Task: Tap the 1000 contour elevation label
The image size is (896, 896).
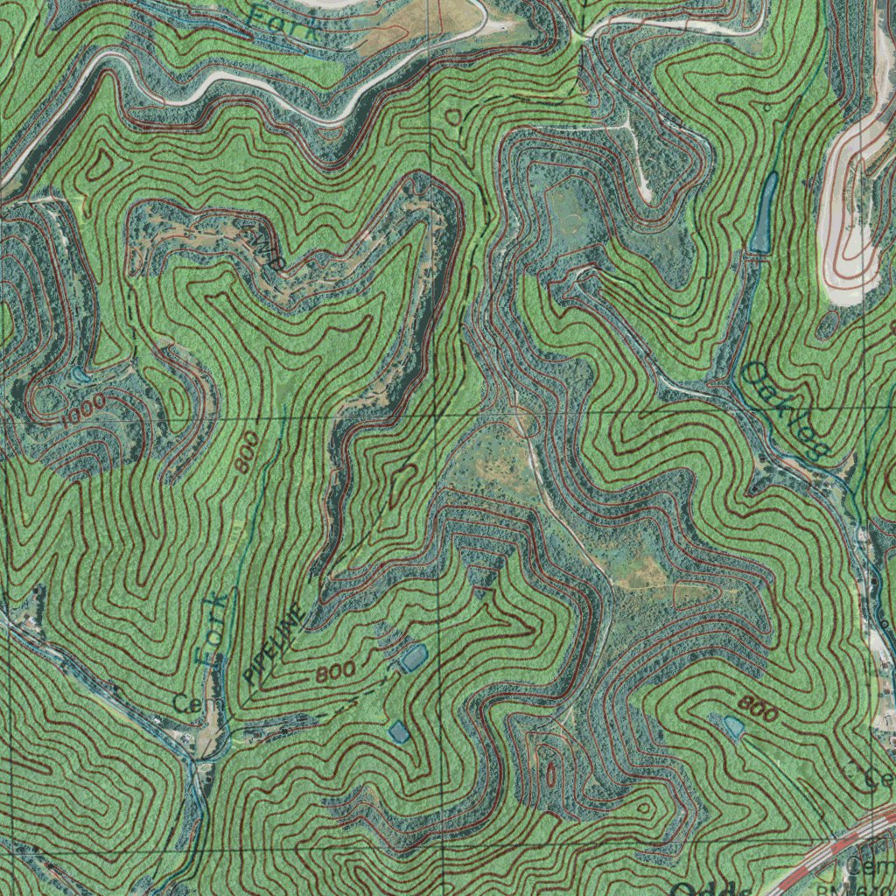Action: [85, 409]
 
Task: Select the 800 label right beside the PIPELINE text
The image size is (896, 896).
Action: [335, 673]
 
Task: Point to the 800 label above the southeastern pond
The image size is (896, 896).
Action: [758, 709]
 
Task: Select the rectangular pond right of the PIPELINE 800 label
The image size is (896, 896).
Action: [411, 657]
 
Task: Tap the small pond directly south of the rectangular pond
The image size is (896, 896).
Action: [399, 731]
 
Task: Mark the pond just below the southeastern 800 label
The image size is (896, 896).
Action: [731, 725]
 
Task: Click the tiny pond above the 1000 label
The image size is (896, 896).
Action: [81, 375]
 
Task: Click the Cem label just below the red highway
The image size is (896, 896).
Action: [871, 866]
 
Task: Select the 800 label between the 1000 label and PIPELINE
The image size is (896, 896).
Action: [247, 453]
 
